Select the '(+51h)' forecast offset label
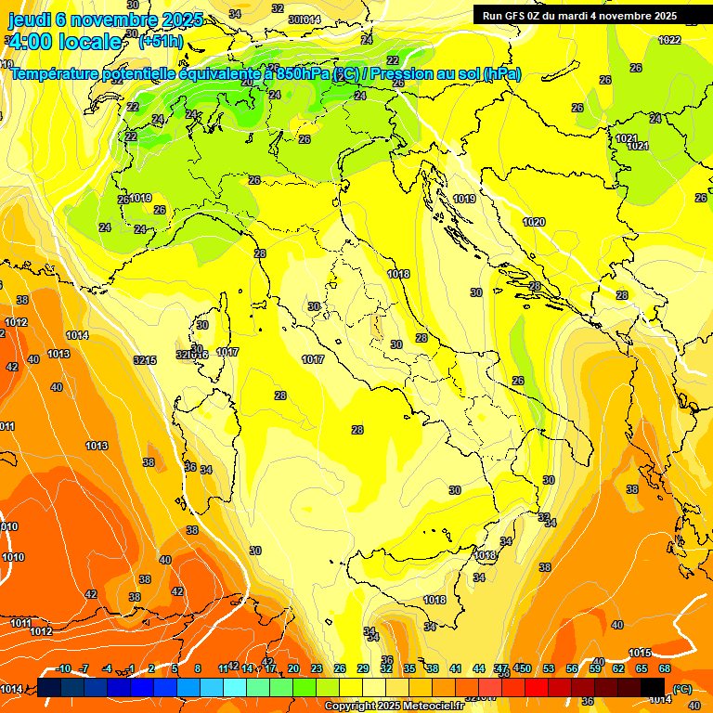pos(161,42)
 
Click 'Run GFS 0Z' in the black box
pos(514,16)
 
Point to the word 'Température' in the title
pos(58,74)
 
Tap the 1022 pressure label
pos(669,40)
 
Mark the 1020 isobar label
pos(534,222)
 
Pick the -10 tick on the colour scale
pos(63,668)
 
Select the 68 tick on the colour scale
pos(665,668)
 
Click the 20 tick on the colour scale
pos(293,668)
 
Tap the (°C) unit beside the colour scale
pos(682,689)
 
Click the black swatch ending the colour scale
pos(653,687)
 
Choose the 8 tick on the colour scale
pos(198,668)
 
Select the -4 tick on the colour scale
pos(107,668)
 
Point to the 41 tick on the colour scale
pos(456,668)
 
